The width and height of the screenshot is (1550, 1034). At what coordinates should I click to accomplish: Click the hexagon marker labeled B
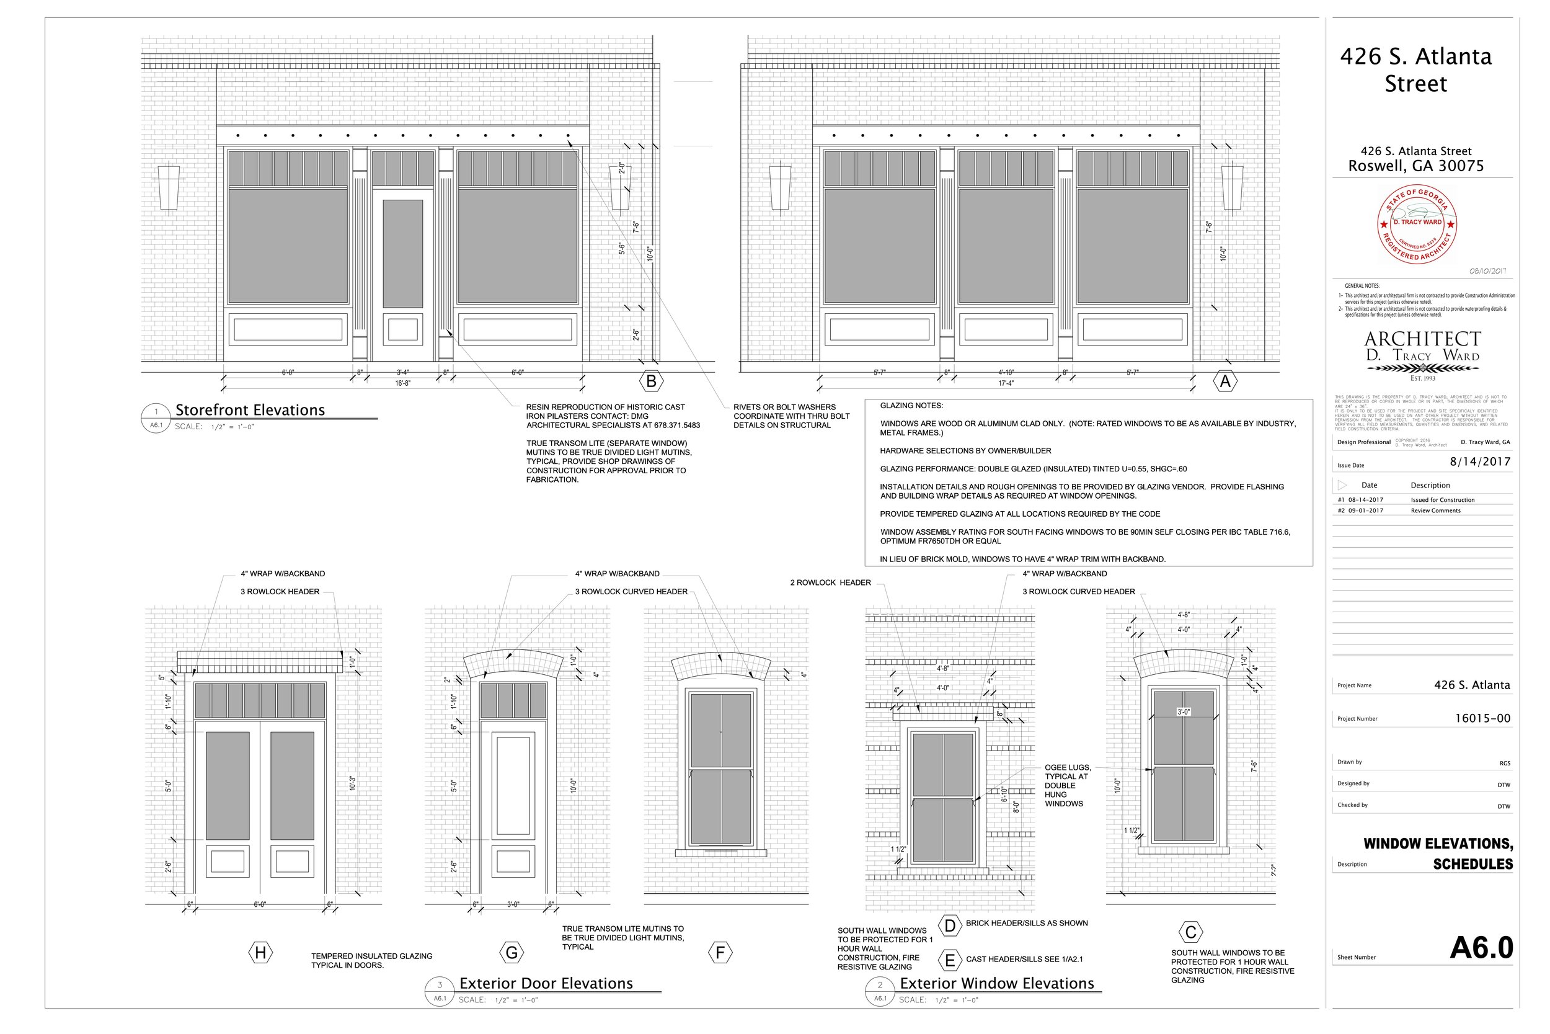click(651, 381)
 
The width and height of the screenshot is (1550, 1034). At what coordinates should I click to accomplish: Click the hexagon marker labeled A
click(1225, 381)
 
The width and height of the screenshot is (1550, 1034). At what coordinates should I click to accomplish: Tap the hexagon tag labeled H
click(260, 953)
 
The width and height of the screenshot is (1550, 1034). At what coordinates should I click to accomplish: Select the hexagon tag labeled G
click(511, 953)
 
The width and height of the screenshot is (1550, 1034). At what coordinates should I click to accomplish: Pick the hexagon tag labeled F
click(720, 953)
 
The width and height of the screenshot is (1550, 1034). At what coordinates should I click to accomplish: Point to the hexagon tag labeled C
click(1190, 932)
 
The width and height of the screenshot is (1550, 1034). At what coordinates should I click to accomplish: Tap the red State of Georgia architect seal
click(1417, 224)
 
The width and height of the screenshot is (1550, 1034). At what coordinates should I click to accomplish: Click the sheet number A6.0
click(1481, 948)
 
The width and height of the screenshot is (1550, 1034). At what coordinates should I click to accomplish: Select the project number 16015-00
click(1482, 718)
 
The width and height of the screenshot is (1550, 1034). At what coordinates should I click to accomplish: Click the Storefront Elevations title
click(250, 410)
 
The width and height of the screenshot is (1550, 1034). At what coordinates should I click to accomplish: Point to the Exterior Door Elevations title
click(546, 984)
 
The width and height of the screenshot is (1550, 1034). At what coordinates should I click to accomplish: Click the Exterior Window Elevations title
click(996, 984)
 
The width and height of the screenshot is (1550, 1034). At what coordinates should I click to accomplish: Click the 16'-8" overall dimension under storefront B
click(402, 383)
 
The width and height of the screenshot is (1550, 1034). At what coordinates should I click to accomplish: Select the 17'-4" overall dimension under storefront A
click(1006, 383)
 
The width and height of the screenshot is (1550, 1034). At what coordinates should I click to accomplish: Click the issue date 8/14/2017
click(1479, 461)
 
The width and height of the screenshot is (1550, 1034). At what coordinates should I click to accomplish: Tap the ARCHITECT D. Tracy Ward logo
click(1422, 355)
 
